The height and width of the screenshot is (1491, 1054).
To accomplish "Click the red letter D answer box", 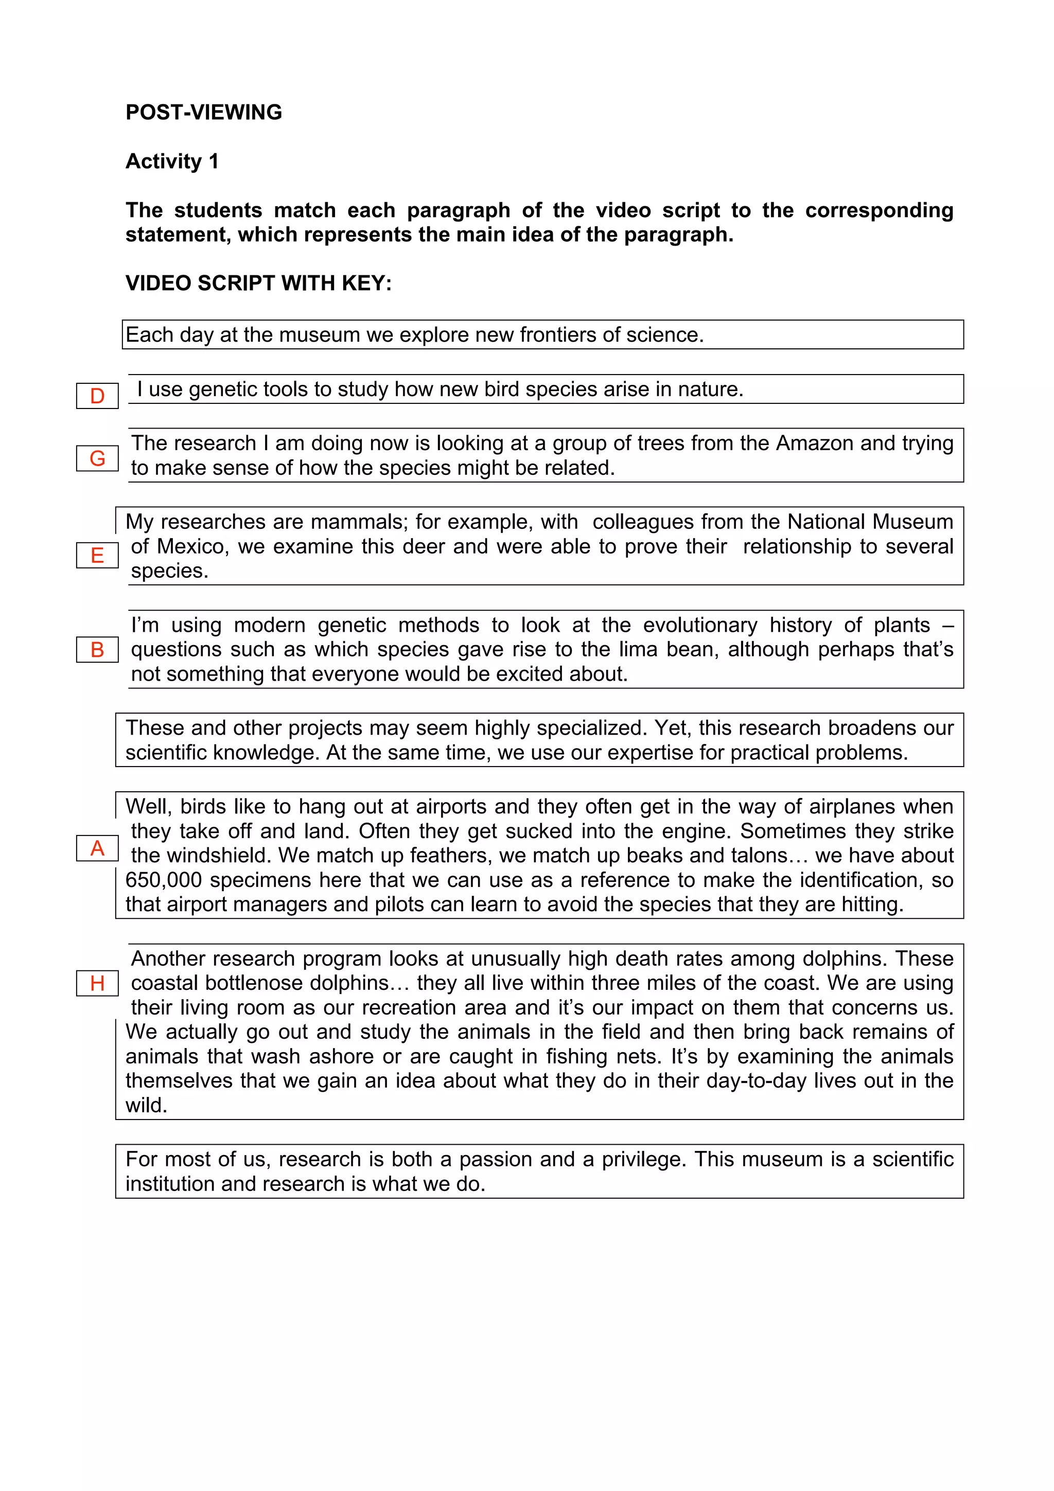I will [97, 396].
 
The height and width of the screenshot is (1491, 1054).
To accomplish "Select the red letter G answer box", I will [97, 458].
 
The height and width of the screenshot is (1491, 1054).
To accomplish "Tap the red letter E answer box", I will [97, 555].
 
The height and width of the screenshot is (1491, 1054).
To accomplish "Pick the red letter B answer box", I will [97, 649].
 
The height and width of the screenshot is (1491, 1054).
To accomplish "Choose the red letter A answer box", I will [97, 848].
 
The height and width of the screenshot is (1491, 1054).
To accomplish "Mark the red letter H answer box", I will [97, 983].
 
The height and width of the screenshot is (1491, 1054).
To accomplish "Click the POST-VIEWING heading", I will [203, 112].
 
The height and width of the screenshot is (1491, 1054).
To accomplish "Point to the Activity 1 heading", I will [172, 161].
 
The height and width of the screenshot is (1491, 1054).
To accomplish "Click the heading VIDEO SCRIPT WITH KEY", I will [258, 283].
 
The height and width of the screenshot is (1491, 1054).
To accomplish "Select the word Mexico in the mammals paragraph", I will [192, 546].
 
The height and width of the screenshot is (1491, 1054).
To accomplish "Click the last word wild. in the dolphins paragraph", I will [146, 1105].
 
